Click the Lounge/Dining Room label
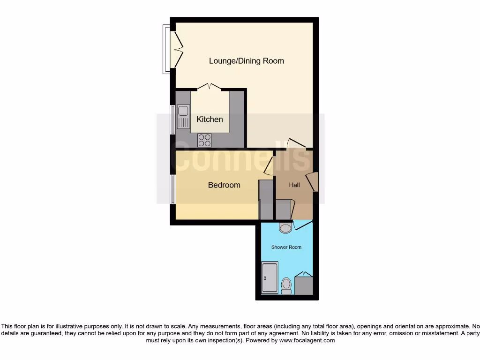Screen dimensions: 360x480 point(246,61)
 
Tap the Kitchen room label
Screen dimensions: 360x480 point(210,120)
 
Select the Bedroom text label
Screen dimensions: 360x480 point(224,185)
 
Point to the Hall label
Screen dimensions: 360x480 point(294,185)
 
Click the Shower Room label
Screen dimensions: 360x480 point(286,247)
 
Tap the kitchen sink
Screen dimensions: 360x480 point(182,117)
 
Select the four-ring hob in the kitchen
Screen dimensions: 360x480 point(204,139)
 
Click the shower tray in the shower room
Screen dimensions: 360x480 point(270,278)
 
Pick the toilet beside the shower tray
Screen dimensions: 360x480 point(286,285)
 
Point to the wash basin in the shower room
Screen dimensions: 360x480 point(285,228)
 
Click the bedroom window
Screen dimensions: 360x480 point(172,189)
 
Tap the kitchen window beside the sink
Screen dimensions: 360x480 point(172,119)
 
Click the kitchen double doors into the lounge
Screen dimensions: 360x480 point(210,87)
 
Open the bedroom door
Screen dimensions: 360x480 point(269,167)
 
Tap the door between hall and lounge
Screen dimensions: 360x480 point(296,143)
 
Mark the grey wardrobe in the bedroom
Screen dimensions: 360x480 point(265,200)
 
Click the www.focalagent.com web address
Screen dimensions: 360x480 point(307,341)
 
